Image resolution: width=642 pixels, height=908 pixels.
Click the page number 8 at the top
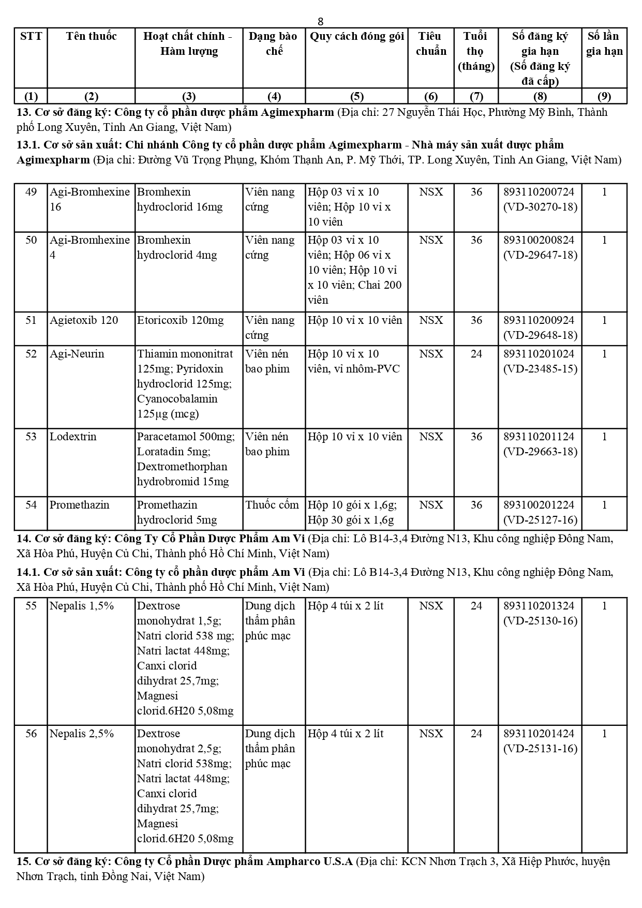[321, 21]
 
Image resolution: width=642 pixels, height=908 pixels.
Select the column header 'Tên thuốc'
[91, 36]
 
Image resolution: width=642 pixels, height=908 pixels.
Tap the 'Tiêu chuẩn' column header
[431, 43]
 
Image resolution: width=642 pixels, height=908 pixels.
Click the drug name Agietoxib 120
[84, 320]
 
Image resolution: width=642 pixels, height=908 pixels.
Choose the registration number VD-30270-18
[540, 207]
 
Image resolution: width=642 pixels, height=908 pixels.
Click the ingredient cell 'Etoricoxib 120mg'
[181, 320]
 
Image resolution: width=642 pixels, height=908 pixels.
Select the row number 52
[31, 354]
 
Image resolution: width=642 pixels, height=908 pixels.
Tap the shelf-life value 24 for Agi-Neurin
[476, 354]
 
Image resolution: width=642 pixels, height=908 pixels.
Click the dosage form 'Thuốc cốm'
[272, 505]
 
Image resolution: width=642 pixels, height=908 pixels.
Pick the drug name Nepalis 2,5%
[82, 734]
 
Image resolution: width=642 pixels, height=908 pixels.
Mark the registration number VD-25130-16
[540, 621]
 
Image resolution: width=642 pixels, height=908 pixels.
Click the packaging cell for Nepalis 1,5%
[346, 606]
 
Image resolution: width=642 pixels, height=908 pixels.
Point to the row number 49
[31, 192]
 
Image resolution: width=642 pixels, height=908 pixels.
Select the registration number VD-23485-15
[540, 369]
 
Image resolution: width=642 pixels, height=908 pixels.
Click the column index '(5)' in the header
[356, 96]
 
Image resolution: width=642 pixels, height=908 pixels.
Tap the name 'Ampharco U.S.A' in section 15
[310, 861]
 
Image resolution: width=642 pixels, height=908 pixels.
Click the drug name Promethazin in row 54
[80, 505]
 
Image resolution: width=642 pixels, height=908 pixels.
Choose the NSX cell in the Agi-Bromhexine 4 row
[431, 240]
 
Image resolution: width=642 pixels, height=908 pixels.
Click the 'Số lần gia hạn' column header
[604, 43]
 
